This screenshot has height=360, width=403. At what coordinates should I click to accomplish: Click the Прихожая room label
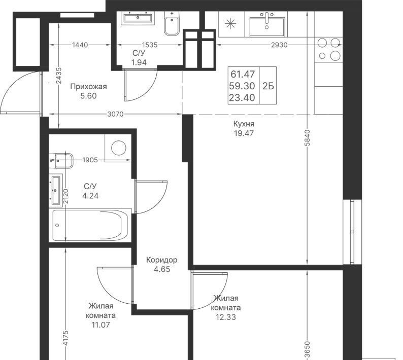tap(88, 87)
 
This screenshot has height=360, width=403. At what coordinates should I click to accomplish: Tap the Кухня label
tap(244, 124)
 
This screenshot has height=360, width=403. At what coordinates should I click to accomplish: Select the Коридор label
tap(162, 260)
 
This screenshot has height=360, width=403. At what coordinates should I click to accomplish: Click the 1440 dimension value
tap(80, 45)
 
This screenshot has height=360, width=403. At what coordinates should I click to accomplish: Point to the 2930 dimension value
tap(279, 45)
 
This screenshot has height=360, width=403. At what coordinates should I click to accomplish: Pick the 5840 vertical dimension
tap(308, 138)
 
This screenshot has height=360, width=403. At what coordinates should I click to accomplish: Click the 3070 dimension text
tap(115, 114)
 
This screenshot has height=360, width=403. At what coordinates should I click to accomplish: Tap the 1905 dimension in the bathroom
tap(90, 160)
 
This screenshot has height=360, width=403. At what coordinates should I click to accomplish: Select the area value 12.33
tap(226, 317)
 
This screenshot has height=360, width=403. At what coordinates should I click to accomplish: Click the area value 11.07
tap(100, 325)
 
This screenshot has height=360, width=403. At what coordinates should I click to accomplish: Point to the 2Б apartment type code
tap(268, 86)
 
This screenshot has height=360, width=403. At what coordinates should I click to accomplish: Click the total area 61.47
tap(243, 74)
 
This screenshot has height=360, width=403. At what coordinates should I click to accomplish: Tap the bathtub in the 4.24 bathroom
tap(90, 225)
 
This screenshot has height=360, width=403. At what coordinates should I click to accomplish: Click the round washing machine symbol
tap(119, 148)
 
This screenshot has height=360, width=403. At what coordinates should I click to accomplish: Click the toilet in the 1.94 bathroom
tap(172, 24)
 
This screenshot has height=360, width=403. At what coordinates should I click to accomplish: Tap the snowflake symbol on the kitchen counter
tap(230, 24)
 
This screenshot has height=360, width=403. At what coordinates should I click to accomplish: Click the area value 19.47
tap(244, 133)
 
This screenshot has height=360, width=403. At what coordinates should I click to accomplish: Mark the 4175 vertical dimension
tap(66, 338)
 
